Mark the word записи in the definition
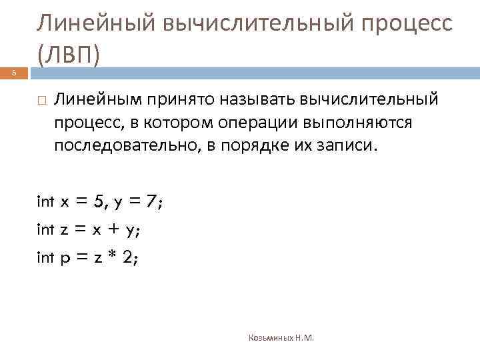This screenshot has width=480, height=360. coord(346,146)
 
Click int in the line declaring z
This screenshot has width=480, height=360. coord(45,231)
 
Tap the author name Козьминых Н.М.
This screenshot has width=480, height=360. coord(281,338)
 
